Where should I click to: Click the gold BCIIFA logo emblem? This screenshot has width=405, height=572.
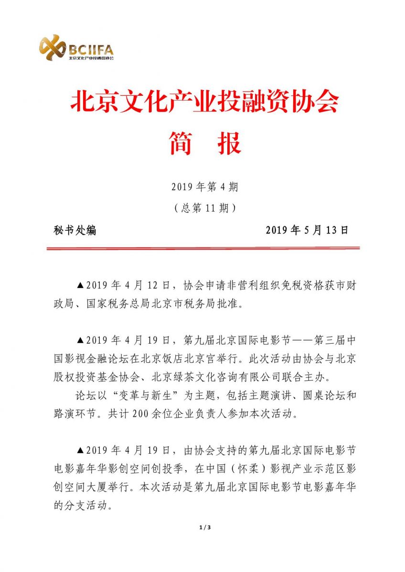[52, 47]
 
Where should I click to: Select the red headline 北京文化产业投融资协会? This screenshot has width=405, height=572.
[204, 101]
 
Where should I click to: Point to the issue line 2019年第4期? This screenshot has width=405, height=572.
[204, 187]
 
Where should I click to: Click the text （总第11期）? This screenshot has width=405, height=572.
[204, 208]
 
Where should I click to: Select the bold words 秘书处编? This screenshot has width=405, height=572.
[75, 230]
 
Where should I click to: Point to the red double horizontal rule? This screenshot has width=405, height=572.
[202, 248]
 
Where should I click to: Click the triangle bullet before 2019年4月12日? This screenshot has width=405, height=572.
[80, 286]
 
